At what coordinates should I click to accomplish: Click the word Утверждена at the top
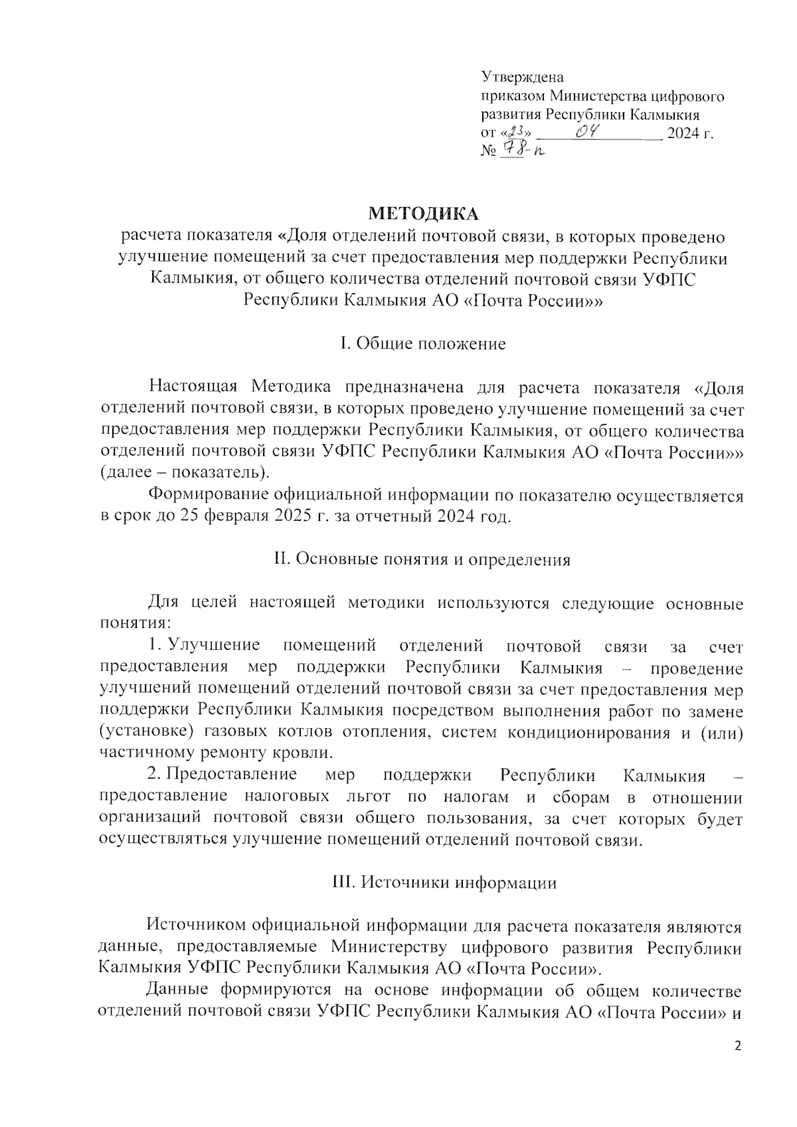pyautogui.click(x=522, y=78)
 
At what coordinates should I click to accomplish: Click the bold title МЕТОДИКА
pyautogui.click(x=423, y=214)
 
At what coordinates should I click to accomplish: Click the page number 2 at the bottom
pyautogui.click(x=737, y=1047)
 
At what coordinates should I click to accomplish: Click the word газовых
pyautogui.click(x=243, y=732)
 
